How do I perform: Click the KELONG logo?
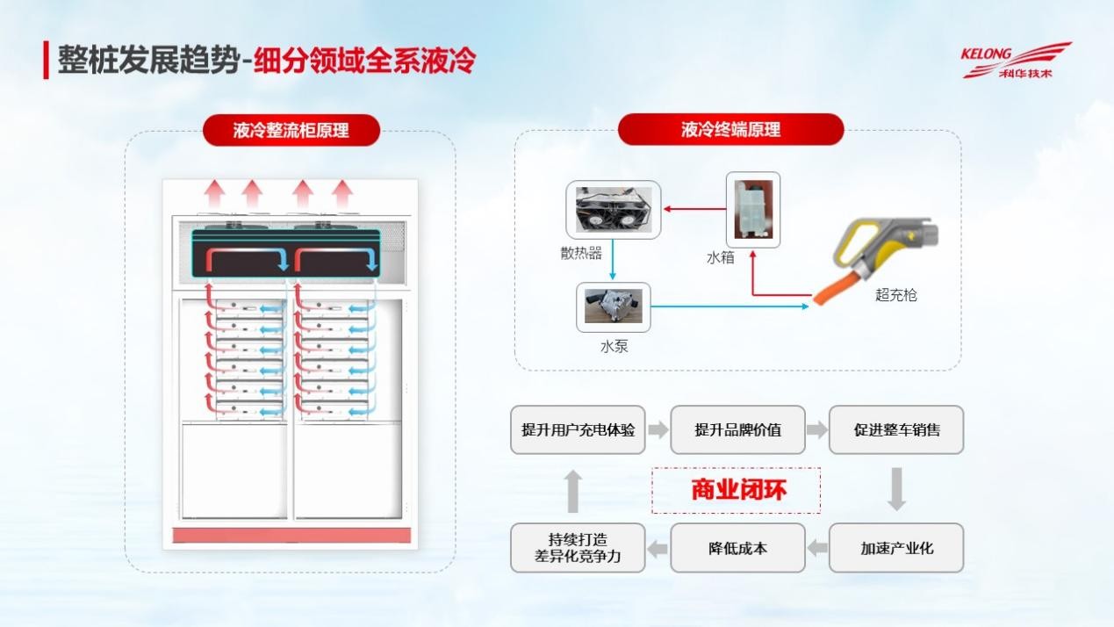click(x=1016, y=60)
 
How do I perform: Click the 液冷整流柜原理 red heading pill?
click(x=291, y=130)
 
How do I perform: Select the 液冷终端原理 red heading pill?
click(x=730, y=130)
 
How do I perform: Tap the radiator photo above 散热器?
click(x=613, y=209)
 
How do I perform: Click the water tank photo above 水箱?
click(x=753, y=209)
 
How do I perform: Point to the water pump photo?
click(x=614, y=306)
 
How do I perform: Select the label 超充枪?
click(x=895, y=295)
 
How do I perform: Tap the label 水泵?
click(x=614, y=346)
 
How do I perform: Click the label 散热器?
click(x=581, y=253)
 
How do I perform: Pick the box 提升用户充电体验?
click(x=578, y=429)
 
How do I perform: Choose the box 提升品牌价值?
click(x=737, y=429)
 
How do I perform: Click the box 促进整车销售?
click(x=896, y=429)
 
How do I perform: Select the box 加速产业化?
click(x=896, y=548)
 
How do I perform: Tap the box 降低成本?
click(x=737, y=548)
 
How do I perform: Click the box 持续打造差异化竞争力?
click(x=578, y=548)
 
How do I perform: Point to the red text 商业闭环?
click(x=738, y=489)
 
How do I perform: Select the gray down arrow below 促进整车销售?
click(x=896, y=489)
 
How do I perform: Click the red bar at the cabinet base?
click(x=291, y=535)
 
